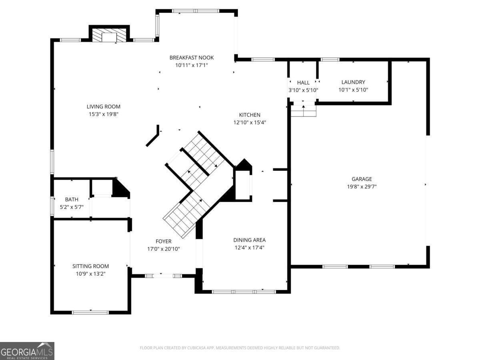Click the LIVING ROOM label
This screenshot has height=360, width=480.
point(104,107)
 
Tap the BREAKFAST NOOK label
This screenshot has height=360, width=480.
point(192,58)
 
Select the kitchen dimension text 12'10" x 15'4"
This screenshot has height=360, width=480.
point(250,122)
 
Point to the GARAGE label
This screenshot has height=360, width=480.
point(362,179)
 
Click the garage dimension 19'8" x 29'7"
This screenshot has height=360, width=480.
point(362,187)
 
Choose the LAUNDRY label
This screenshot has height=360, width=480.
point(353,82)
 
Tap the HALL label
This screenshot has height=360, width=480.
point(303,83)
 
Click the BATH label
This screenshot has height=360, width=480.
point(72,199)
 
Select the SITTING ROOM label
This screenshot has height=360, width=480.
point(90,266)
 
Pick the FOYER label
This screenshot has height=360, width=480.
point(164,241)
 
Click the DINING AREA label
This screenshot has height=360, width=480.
point(250,240)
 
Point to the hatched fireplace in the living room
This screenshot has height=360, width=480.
point(109,35)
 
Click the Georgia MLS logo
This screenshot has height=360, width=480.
point(27,351)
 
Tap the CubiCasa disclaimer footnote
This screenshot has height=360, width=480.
point(240,348)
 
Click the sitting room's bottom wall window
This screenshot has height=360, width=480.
point(90,312)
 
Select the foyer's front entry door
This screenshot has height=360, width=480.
point(164,276)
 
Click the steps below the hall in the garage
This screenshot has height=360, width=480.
point(303,111)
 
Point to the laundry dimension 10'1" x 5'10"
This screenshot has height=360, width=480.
point(353,90)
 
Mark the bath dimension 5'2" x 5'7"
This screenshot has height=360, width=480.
point(72,207)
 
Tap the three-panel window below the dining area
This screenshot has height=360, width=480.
point(244,292)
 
